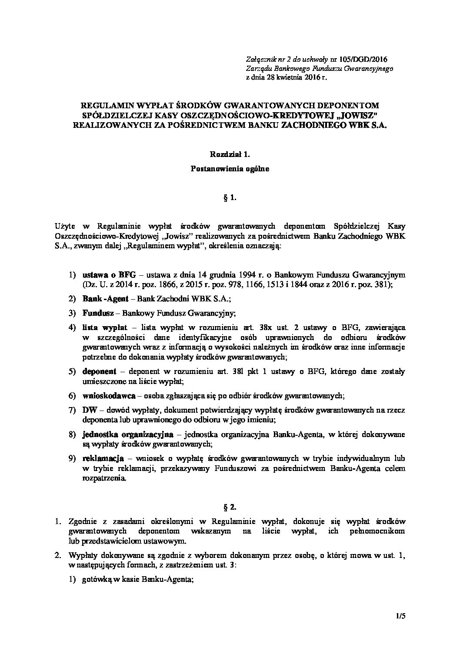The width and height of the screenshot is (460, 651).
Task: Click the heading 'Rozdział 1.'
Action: click(230, 154)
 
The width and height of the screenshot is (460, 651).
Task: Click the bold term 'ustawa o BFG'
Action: click(109, 274)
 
